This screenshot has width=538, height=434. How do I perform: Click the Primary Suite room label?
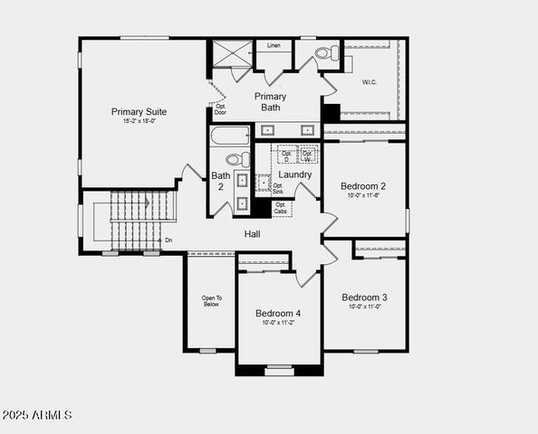[x=139, y=112]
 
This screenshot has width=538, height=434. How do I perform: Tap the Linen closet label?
[x=273, y=45]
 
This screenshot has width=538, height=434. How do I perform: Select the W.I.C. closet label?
[x=369, y=81]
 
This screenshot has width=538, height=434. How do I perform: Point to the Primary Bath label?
[x=270, y=102]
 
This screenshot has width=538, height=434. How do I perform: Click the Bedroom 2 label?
[x=363, y=185]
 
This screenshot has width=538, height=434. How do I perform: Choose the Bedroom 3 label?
[x=364, y=297]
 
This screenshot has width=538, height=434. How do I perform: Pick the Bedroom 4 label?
[x=278, y=314]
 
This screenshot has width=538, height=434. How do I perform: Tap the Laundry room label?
[x=295, y=175]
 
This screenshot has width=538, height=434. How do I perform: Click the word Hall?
[x=253, y=234]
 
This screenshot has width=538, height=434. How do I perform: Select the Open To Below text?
[x=211, y=301]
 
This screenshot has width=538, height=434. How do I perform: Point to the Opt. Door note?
[x=220, y=109]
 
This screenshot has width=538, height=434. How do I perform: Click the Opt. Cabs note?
[x=282, y=208]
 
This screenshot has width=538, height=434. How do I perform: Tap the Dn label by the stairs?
[x=168, y=241]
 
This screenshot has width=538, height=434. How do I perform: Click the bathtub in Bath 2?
[x=230, y=137]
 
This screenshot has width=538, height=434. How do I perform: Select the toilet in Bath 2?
[x=233, y=159]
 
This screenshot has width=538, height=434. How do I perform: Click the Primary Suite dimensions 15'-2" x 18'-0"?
[x=139, y=122]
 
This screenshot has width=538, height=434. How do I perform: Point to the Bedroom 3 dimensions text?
[x=364, y=307]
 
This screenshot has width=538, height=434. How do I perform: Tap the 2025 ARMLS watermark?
[x=37, y=415]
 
